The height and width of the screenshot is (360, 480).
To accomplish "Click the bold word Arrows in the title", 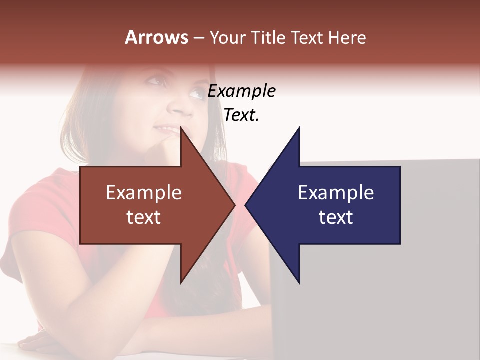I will click(x=157, y=37).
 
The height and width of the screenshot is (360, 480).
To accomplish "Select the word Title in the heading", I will click(x=267, y=37).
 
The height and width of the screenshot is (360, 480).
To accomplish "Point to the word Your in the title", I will click(x=228, y=38).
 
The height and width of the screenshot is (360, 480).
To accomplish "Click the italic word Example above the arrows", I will click(x=241, y=91).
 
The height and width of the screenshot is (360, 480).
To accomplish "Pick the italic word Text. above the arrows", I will click(x=241, y=115).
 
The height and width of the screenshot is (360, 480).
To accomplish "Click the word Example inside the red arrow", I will click(x=143, y=193).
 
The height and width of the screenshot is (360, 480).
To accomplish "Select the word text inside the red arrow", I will click(x=143, y=217).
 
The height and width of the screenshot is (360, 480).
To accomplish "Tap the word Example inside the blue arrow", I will click(x=336, y=193).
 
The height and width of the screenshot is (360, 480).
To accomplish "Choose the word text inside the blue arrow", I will click(x=336, y=217).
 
